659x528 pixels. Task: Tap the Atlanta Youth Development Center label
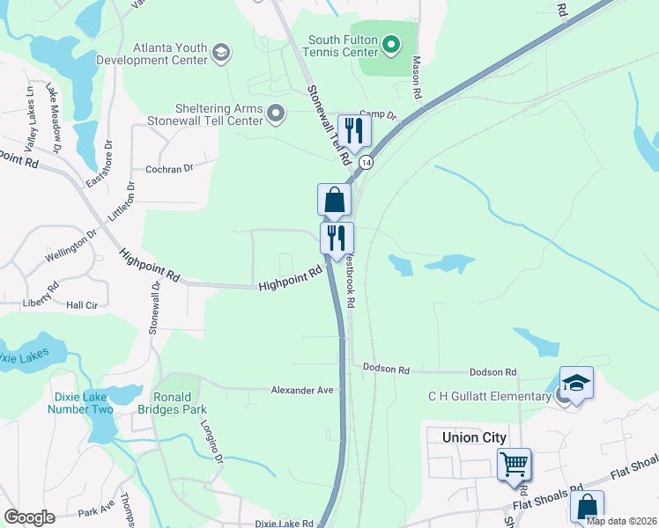[x=171, y=54]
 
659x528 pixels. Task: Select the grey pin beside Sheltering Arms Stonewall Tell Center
[x=277, y=113]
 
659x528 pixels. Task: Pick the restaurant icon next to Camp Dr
[x=354, y=131]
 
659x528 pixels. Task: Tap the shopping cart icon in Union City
[x=514, y=463]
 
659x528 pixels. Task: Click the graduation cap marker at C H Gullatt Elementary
[x=576, y=383]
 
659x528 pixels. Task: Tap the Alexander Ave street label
[x=302, y=390]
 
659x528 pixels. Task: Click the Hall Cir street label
[x=82, y=304]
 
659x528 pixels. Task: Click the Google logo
[x=29, y=517]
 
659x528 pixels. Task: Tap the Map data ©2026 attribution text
[x=622, y=521]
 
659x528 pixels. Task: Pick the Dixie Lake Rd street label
[x=284, y=524]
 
